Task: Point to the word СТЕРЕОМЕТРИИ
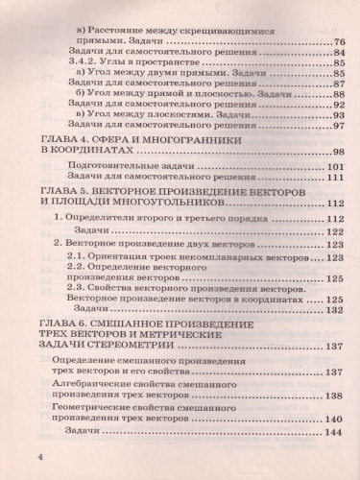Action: tap(144, 348)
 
